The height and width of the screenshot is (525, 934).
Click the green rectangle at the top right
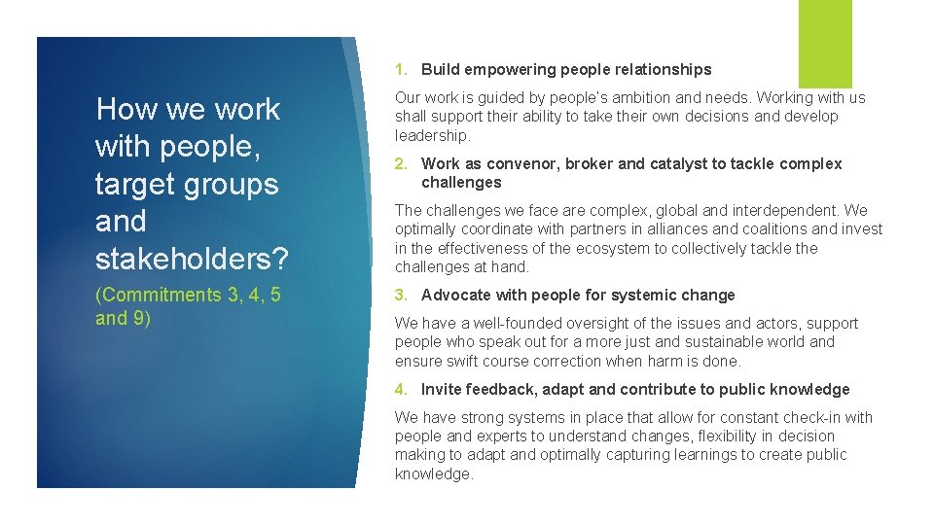click(825, 44)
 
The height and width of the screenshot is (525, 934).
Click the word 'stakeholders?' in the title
click(192, 259)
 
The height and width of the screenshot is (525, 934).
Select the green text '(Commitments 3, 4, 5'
click(188, 295)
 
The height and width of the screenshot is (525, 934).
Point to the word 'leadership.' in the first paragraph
click(432, 135)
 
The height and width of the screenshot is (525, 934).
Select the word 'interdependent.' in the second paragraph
click(787, 211)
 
